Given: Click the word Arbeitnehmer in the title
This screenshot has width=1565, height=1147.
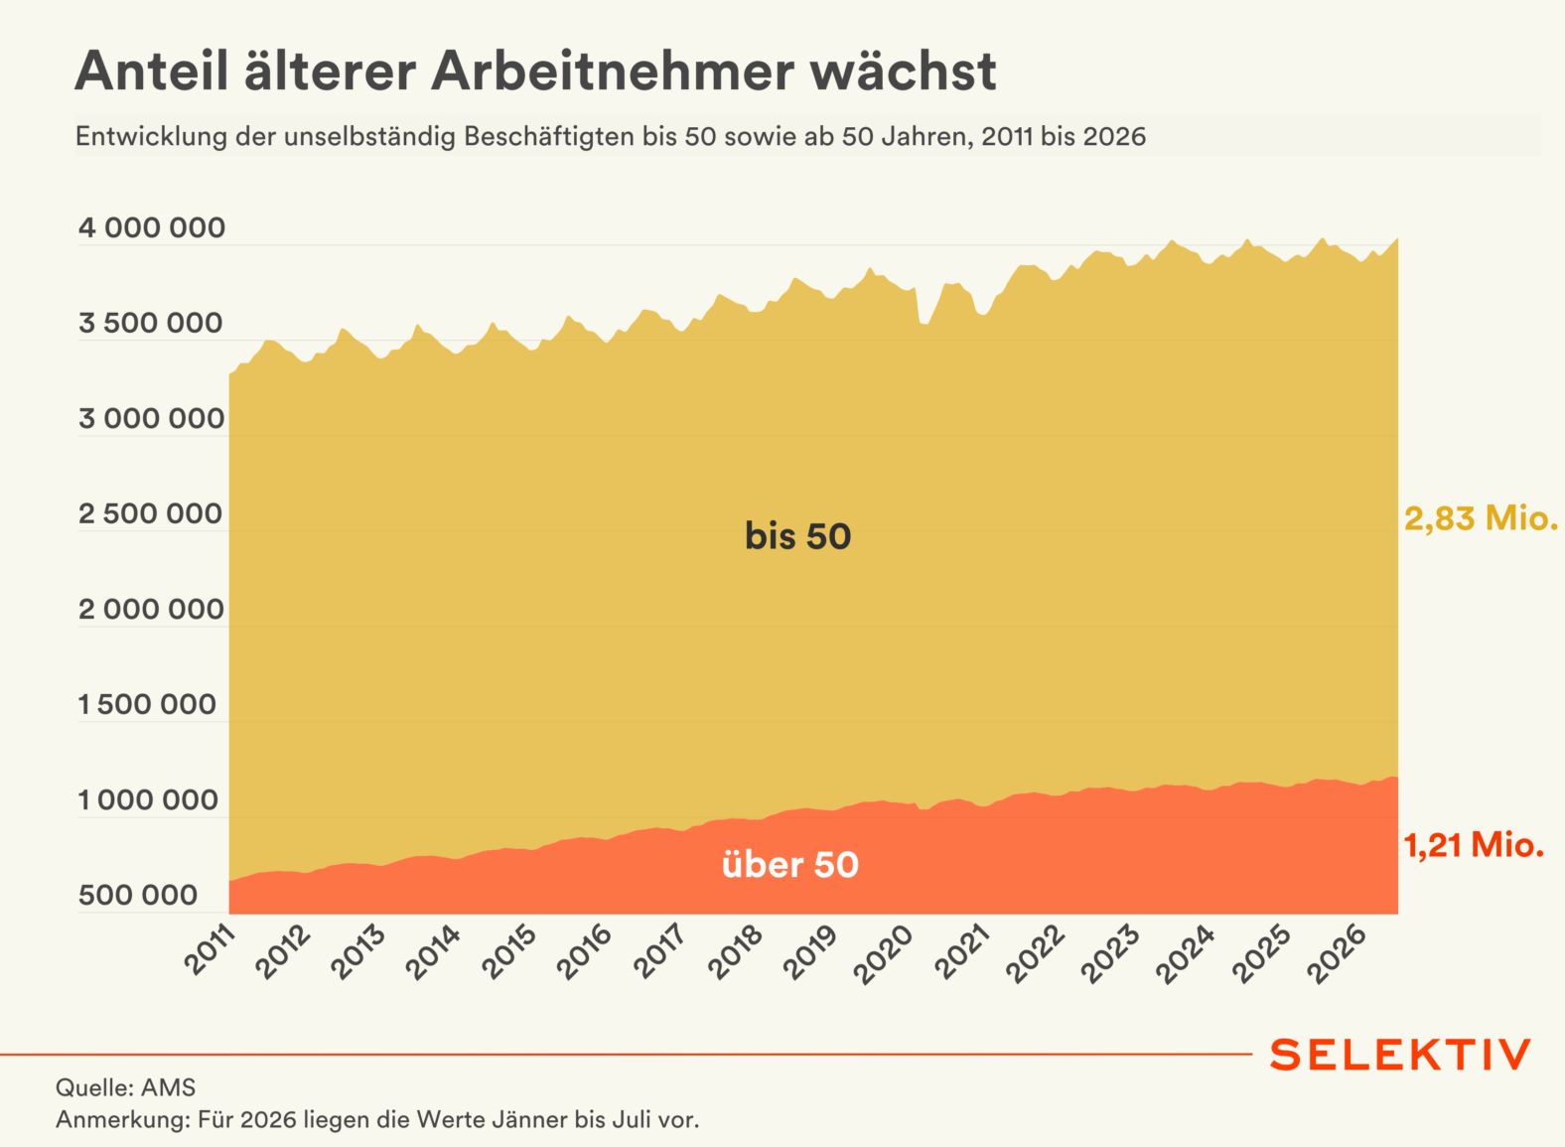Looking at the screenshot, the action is point(613,72).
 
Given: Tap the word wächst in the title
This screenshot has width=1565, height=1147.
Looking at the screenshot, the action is point(904,72).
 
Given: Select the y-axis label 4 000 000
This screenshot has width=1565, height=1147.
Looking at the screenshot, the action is point(152,227).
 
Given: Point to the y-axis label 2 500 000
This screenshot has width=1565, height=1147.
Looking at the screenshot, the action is point(151,514).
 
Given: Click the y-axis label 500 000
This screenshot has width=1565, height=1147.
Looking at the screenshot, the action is point(138,896).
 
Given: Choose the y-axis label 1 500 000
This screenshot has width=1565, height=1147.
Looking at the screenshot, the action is point(147,705).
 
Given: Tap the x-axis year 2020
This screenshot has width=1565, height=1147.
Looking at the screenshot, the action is point(884,954).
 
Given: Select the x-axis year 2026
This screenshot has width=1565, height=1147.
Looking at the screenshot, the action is point(1337,953).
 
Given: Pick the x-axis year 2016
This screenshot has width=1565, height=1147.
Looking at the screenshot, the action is point(584,953).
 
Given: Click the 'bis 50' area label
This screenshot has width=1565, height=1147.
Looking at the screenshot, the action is point(797,536).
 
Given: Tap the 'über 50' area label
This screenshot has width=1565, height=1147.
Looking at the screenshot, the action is point(790,865).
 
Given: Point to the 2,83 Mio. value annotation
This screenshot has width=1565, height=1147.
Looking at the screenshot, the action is point(1482,519).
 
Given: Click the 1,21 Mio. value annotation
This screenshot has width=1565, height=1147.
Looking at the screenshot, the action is point(1475,846).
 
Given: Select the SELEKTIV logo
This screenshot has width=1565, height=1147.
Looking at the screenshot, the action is point(1400,1056).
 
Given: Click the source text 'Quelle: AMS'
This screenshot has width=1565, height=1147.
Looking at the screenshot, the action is point(126,1087).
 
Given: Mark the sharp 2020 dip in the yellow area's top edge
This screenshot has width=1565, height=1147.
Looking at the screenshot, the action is point(925,323).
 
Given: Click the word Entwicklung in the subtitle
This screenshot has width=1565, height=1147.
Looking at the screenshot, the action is point(152,137).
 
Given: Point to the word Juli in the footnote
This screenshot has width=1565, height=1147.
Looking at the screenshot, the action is point(632,1120).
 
